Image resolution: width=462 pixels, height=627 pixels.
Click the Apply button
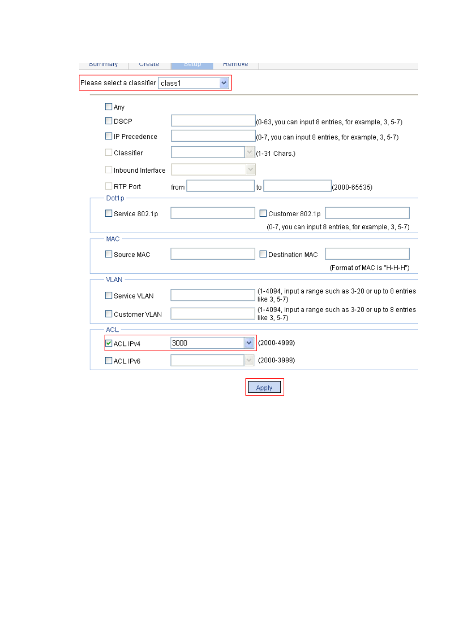coord(264,388)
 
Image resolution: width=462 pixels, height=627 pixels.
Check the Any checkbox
coord(108,106)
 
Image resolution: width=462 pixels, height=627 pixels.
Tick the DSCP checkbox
coord(108,121)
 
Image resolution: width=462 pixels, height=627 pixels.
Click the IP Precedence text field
coord(213,136)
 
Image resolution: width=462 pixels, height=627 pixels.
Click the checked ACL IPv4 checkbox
coord(108,343)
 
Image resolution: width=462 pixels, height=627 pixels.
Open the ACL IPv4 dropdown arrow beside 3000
coord(249,343)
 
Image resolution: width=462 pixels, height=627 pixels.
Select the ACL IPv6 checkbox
coord(108,360)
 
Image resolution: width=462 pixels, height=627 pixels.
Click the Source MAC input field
coord(213,254)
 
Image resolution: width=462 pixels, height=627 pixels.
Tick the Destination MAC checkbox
coord(263,254)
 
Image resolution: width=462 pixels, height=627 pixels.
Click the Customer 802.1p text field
coord(367,213)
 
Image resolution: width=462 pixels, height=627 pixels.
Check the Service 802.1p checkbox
coord(108,213)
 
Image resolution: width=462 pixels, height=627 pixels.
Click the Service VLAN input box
coord(213,295)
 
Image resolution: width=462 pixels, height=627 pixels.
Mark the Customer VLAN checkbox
coord(108,313)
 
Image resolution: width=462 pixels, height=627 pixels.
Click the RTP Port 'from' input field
coord(220,186)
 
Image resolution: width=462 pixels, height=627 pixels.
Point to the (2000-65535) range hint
coord(352,187)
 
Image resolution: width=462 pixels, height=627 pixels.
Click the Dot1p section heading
coord(115,198)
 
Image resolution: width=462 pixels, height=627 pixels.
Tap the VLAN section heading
coord(114,280)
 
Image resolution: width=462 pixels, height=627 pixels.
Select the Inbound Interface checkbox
coord(108,170)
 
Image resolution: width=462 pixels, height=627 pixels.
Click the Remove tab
coord(235,64)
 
